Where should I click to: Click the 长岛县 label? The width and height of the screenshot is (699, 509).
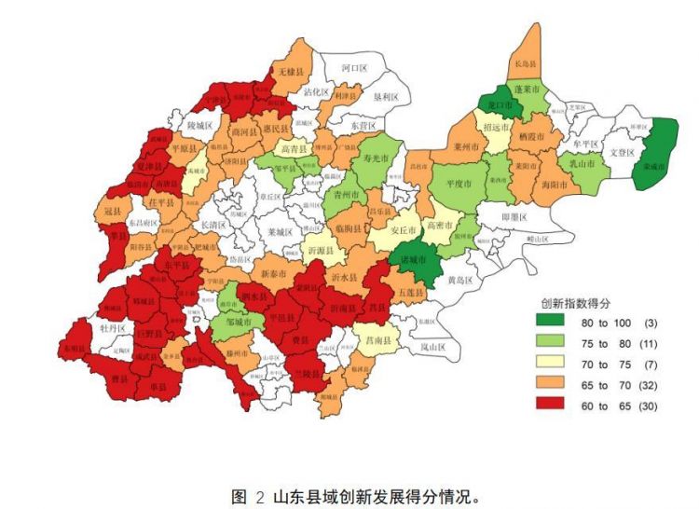[527, 64]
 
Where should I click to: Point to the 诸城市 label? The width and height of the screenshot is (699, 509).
[413, 259]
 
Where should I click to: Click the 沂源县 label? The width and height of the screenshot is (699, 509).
[319, 252]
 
